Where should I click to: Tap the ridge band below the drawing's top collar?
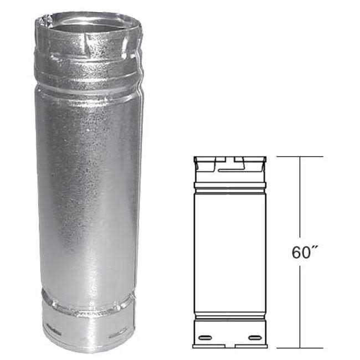230,186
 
